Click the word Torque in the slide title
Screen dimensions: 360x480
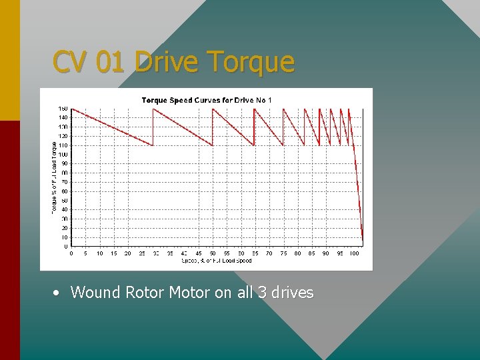click(251, 62)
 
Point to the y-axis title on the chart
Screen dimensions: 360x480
click(54, 176)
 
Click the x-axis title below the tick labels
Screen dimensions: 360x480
click(217, 261)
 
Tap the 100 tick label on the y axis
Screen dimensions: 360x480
click(63, 154)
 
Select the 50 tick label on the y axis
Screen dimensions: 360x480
click(64, 200)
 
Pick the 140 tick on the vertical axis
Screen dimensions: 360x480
click(63, 117)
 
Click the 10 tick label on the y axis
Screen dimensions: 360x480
click(64, 237)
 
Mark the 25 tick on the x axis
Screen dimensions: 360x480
click(142, 253)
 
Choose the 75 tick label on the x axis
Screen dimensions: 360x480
click(283, 253)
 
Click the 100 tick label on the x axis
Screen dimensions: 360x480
click(354, 253)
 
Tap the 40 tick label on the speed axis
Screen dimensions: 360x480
click(185, 253)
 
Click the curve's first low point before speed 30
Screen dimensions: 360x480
click(153, 145)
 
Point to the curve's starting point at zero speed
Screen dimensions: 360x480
click(72, 109)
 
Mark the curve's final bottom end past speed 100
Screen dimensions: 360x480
click(363, 241)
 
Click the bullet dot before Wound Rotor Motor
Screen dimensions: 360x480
click(59, 293)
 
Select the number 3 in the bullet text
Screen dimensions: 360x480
click(262, 292)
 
